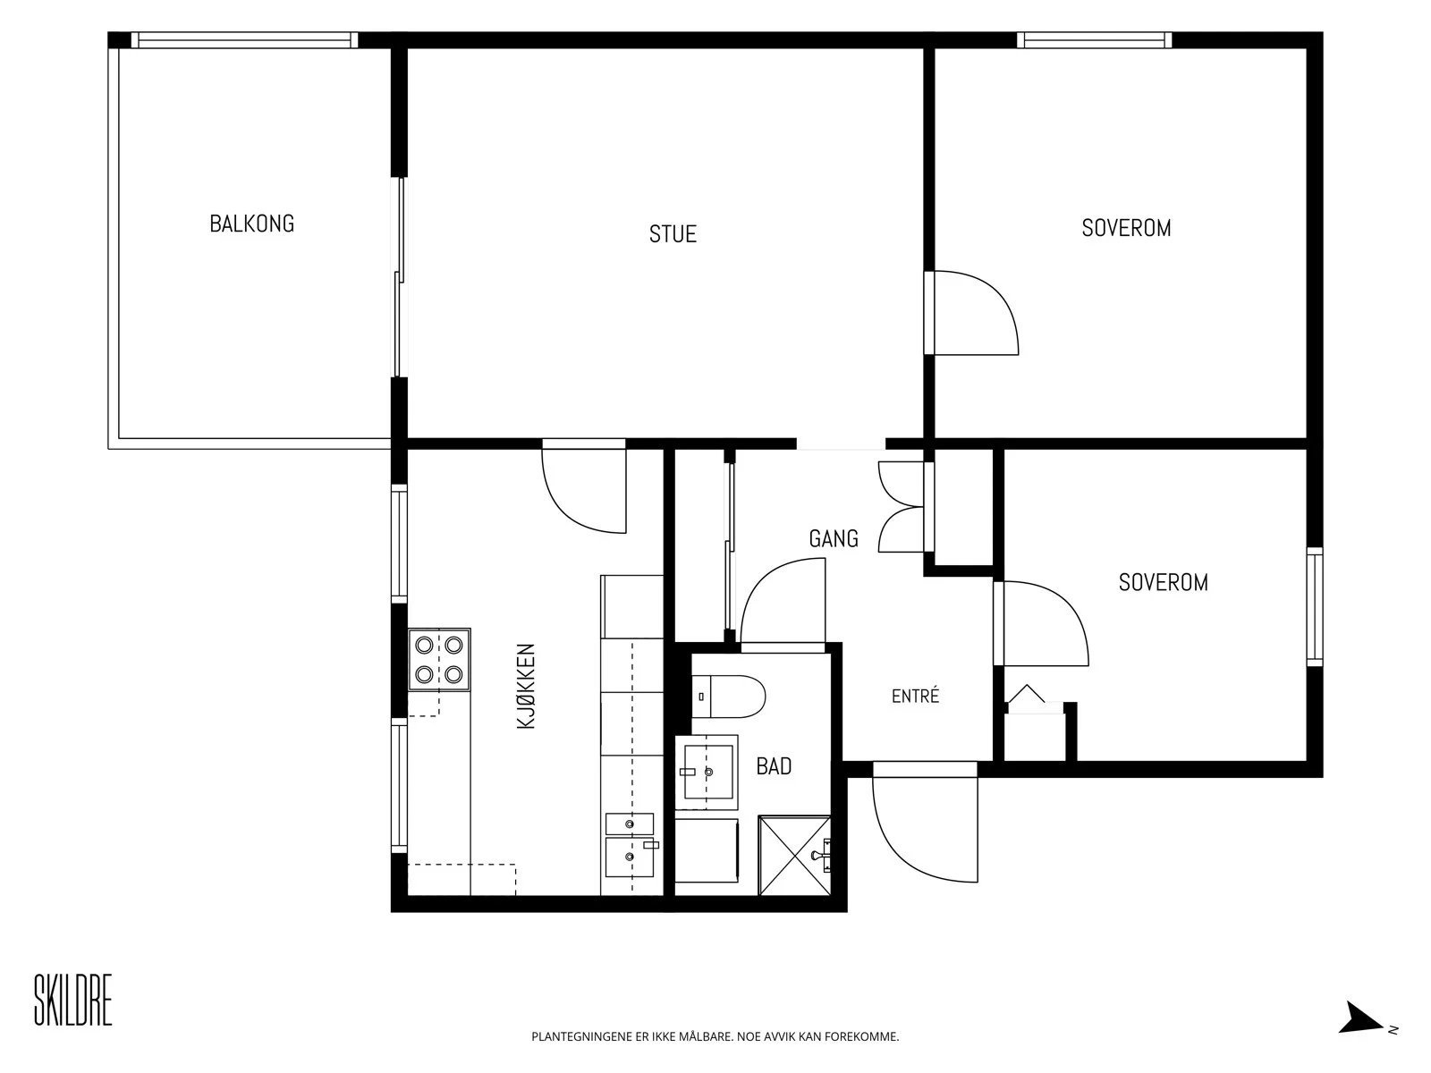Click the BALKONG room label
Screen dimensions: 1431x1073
(251, 224)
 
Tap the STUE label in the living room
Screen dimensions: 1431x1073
(673, 234)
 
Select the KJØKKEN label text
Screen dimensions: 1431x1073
(526, 686)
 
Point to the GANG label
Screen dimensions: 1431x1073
(834, 538)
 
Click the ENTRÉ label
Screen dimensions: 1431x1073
(915, 697)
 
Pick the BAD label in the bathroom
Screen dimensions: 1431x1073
(774, 766)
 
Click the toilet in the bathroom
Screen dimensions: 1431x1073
(728, 697)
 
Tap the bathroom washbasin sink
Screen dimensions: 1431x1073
(706, 772)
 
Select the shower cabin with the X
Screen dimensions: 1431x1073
(795, 856)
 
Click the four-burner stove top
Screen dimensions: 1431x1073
(439, 659)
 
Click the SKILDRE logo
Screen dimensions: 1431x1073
(73, 1000)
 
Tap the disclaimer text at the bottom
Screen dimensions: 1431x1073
(715, 1036)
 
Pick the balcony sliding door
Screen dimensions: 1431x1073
(401, 277)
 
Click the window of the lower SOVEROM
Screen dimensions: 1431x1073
(1315, 607)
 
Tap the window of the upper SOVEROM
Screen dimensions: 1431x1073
(1095, 40)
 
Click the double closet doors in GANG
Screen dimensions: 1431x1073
(902, 507)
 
